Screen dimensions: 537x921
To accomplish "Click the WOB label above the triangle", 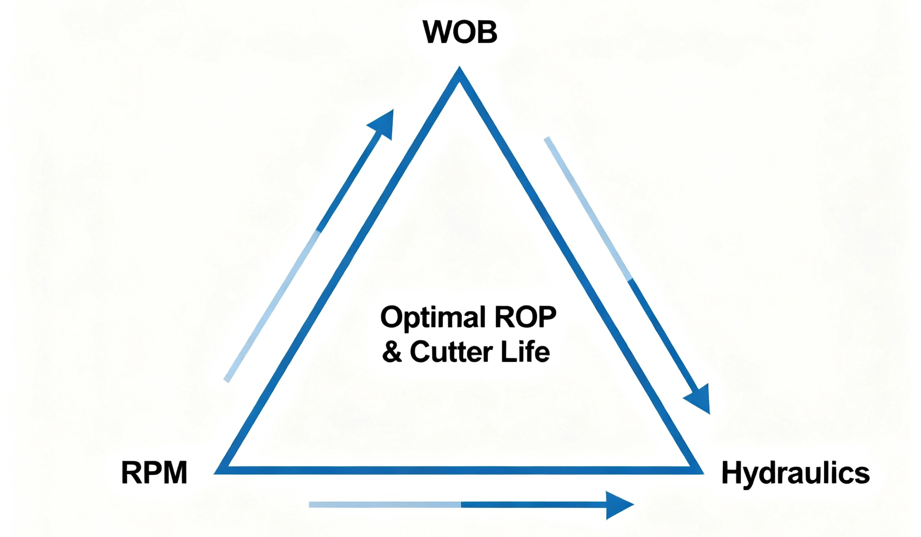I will pos(460,32).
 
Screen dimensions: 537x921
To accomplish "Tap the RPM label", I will pos(154,473).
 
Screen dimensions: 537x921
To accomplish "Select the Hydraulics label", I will pos(795,473).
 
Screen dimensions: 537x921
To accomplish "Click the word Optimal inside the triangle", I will pos(432,318).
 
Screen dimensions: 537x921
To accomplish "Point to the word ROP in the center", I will pos(525,317).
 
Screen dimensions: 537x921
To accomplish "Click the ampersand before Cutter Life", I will pos(392,352).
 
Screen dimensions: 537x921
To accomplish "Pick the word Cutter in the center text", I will pos(452,352).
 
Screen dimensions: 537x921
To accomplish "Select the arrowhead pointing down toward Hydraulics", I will pos(700,399).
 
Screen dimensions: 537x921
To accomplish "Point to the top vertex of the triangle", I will pos(459,70).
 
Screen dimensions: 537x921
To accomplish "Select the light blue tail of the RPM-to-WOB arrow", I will pos(273,306).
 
